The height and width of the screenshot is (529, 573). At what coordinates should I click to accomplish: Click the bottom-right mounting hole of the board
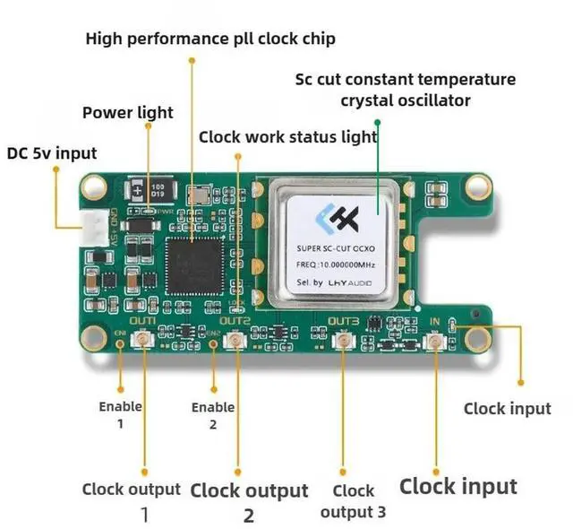[475, 337]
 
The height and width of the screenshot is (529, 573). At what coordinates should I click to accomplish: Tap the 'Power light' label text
[128, 113]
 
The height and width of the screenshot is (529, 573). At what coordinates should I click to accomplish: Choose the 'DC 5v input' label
[52, 153]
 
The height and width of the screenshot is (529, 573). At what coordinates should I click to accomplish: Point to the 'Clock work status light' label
[287, 137]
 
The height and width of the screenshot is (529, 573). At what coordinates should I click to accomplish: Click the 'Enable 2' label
[213, 415]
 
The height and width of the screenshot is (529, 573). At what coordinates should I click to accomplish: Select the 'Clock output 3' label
[353, 501]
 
